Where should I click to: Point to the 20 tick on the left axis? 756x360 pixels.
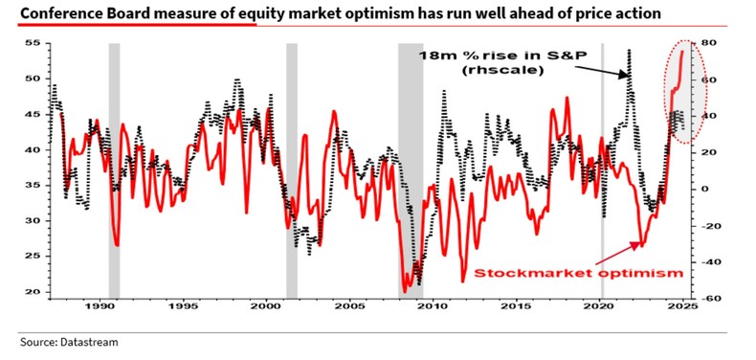pyautogui.click(x=32, y=292)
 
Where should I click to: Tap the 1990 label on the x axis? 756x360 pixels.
pyautogui.click(x=100, y=307)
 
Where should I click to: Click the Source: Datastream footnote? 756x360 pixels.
pyautogui.click(x=60, y=340)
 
